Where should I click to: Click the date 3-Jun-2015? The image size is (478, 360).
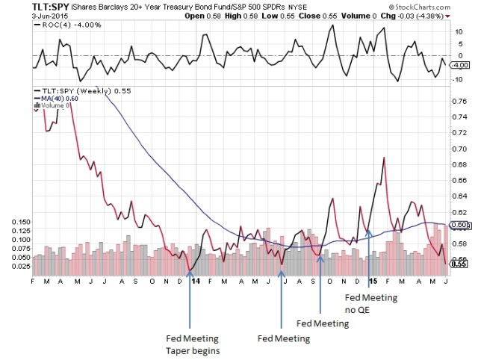click(23, 16)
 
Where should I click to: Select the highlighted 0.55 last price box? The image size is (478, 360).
click(463, 264)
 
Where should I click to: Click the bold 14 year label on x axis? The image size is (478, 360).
click(195, 281)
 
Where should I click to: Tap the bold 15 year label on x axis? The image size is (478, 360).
click(371, 281)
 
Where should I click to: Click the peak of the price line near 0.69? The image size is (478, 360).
click(383, 158)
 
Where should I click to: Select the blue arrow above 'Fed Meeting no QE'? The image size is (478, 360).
click(371, 261)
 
